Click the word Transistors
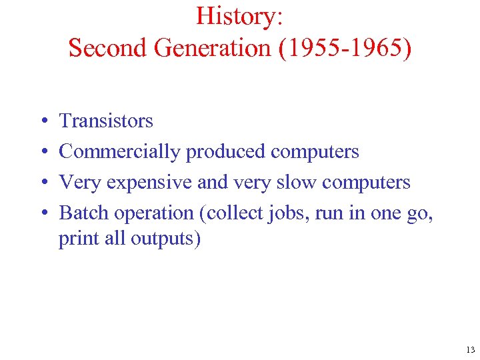tap(106, 121)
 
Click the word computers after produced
tap(315, 152)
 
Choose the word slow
tap(297, 182)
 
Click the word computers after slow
tap(366, 182)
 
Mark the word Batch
tap(84, 213)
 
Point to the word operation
tap(157, 213)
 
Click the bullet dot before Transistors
tap(42, 121)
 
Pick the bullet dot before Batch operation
tap(42, 213)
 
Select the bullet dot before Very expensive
tap(42, 183)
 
